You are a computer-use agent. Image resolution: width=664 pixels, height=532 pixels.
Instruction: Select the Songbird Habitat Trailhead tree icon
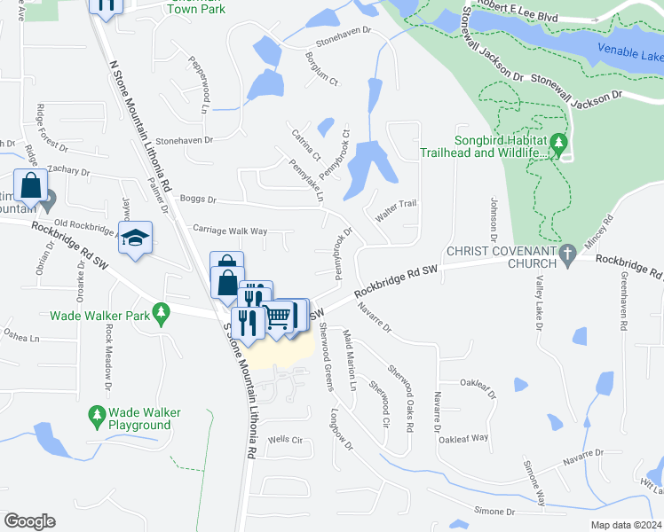[557, 142]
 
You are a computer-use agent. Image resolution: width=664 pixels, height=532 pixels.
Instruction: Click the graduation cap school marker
[136, 239]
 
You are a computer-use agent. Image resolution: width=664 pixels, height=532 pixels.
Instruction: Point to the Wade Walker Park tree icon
[161, 312]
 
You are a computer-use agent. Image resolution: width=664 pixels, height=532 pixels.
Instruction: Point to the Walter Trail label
[396, 204]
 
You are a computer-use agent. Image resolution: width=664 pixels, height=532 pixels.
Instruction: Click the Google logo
[28, 521]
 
